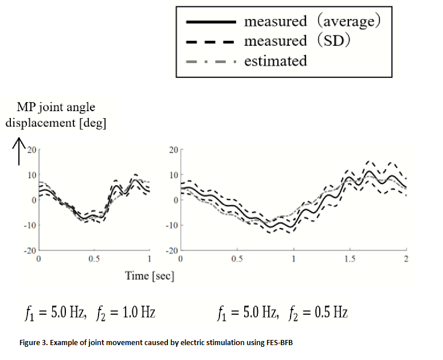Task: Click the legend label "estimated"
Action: click(x=275, y=61)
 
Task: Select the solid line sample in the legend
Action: click(x=211, y=22)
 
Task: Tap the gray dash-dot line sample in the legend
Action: click(x=211, y=61)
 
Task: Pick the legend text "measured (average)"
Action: click(x=312, y=22)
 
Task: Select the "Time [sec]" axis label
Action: click(x=150, y=275)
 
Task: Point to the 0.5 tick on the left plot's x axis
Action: click(x=94, y=259)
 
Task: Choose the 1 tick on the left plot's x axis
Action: click(x=149, y=259)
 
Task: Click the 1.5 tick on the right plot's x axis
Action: click(x=350, y=259)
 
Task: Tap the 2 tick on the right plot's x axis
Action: click(x=406, y=259)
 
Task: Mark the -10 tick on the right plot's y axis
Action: click(x=171, y=225)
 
